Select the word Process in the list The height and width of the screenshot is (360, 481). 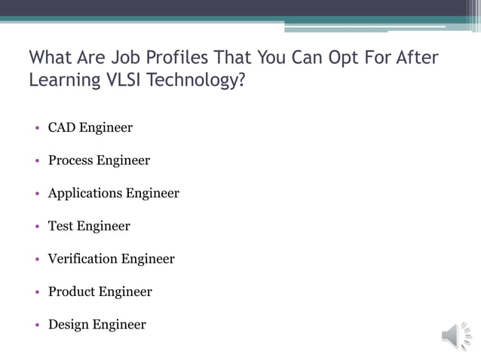point(72,160)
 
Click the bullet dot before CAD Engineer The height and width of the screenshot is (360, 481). point(37,128)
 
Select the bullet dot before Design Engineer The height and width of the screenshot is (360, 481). point(37,325)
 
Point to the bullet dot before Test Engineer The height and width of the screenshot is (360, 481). point(37,227)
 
